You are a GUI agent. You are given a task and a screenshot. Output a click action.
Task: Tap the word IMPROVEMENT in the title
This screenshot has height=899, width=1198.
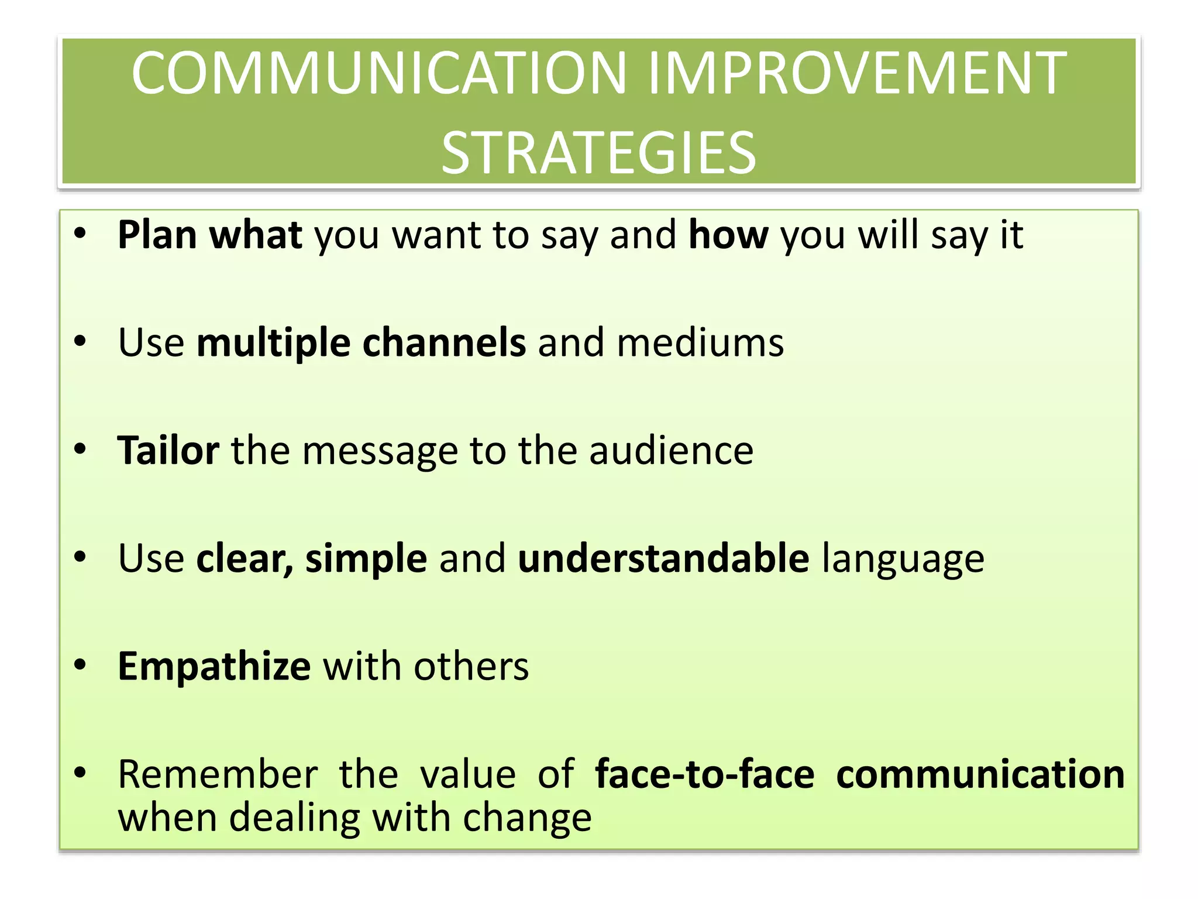[x=857, y=73]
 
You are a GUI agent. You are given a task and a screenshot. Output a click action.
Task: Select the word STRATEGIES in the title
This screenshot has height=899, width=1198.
[x=598, y=153]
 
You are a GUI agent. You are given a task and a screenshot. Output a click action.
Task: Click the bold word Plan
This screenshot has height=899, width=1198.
[x=157, y=235]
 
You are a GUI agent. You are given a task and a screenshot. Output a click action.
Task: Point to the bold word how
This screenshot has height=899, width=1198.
[x=728, y=235]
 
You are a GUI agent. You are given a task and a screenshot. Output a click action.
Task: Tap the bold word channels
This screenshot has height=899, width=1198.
[x=444, y=343]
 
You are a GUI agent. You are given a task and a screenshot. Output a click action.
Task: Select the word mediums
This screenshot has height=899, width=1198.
[x=700, y=343]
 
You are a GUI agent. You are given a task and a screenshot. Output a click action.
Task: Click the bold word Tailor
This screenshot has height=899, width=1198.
[x=168, y=451]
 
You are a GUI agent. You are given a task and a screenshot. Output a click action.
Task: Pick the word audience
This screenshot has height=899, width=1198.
[x=671, y=451]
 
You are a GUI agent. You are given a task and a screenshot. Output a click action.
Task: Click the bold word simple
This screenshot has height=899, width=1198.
[x=366, y=558]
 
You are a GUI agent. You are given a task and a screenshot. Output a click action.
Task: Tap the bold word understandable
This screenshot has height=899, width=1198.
[x=663, y=558]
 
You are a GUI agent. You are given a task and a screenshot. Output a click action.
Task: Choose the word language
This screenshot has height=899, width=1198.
[x=903, y=560]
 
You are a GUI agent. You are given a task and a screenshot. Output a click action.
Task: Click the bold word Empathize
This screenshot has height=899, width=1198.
[x=214, y=667]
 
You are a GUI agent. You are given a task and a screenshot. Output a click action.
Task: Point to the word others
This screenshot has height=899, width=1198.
[x=471, y=667]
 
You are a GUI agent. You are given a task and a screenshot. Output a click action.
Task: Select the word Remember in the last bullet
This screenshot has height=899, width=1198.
[x=218, y=774]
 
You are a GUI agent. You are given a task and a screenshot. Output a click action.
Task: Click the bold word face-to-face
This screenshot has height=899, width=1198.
[x=704, y=774]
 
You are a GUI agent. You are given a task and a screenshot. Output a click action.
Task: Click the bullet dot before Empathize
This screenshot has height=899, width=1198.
[x=80, y=665]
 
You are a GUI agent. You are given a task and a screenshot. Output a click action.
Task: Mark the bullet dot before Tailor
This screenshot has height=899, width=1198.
[x=80, y=449]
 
